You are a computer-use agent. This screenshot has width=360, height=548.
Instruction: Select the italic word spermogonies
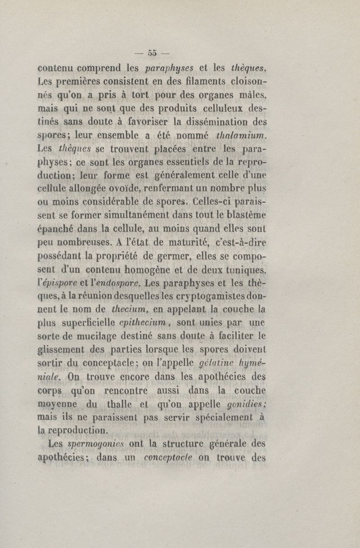pos(95,445)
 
